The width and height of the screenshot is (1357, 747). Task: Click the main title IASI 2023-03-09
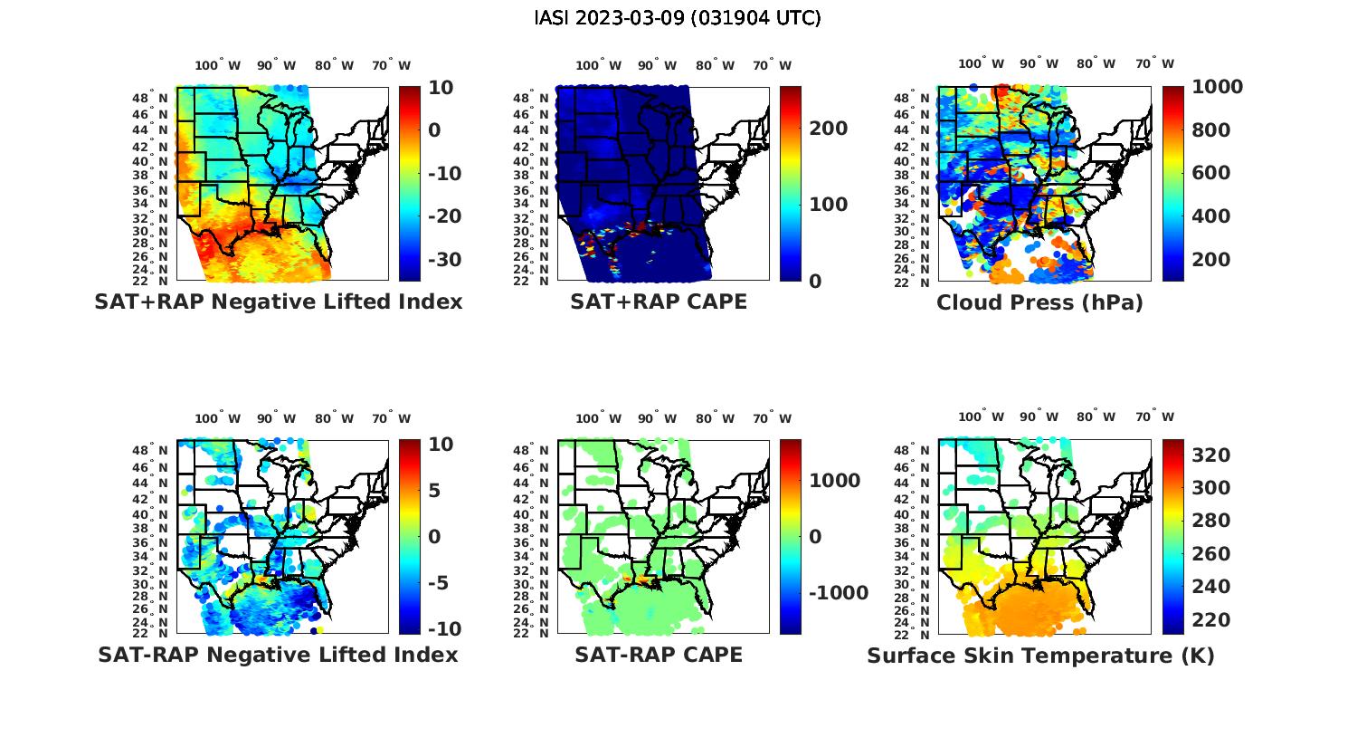coord(678,18)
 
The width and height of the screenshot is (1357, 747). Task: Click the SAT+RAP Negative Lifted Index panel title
coord(279,302)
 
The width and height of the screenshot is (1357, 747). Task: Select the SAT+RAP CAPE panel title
coord(659,302)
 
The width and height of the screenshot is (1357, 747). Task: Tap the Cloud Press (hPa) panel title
coord(1039,302)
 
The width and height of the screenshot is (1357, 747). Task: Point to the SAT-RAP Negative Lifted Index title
coord(279,655)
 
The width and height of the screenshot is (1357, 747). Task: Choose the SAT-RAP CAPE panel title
coord(659,655)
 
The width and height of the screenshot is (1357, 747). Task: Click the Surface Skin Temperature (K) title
coord(1040,656)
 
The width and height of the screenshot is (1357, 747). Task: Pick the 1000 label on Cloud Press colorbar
coord(1217,87)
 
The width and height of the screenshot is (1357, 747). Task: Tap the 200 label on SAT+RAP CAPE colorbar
coord(829,129)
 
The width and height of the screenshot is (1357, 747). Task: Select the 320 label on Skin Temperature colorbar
coord(1211,455)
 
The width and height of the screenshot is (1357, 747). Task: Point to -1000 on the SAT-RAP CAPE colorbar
coord(838,593)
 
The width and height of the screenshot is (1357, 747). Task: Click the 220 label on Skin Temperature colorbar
coord(1211,620)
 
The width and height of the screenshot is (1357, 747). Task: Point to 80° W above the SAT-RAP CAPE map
coord(715,418)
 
